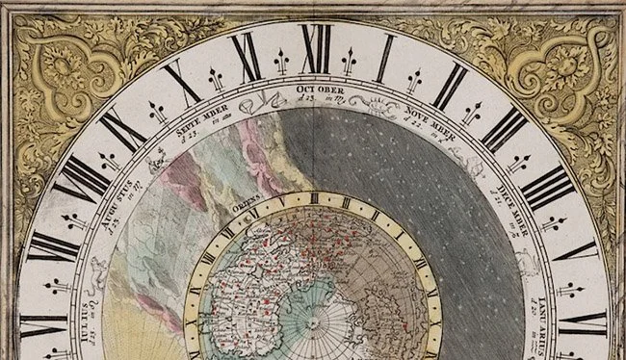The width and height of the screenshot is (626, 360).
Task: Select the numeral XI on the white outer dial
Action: [246, 57]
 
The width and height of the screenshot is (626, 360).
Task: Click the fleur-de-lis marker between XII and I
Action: [349, 62]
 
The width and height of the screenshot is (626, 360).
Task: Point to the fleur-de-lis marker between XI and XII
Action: [281, 64]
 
